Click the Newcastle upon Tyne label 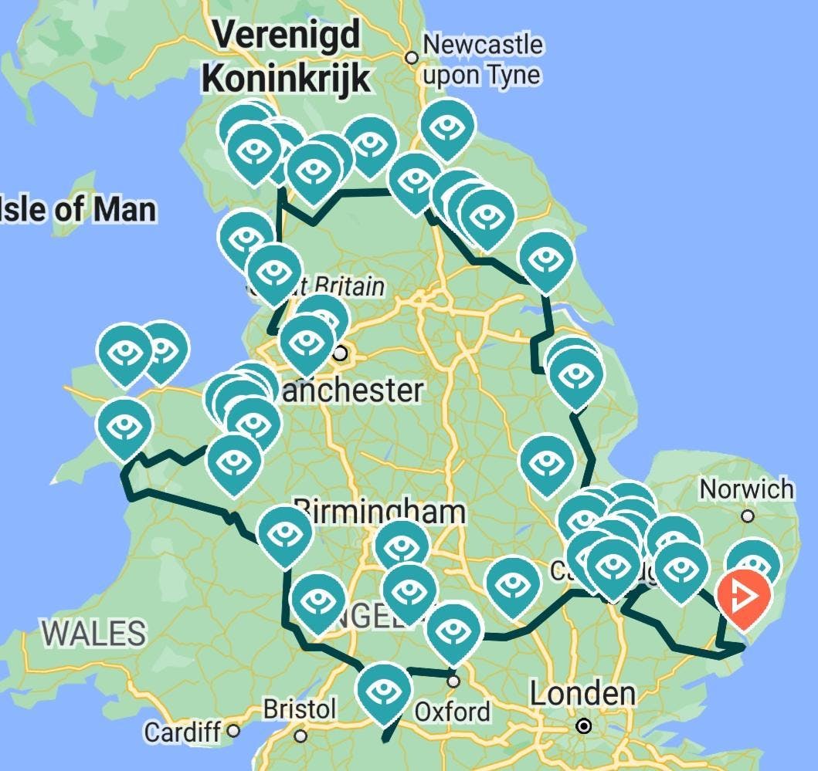(x=482, y=59)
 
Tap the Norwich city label (x=746, y=489)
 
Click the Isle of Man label (x=76, y=209)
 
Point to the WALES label (x=93, y=633)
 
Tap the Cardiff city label (x=183, y=731)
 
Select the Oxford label (x=453, y=711)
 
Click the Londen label (x=582, y=694)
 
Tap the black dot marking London (x=585, y=726)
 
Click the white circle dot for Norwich (x=748, y=516)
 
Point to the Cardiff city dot (x=233, y=731)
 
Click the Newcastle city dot (x=412, y=58)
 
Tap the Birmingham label (x=378, y=511)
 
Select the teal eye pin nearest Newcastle (x=447, y=128)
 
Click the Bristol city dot (x=300, y=735)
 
